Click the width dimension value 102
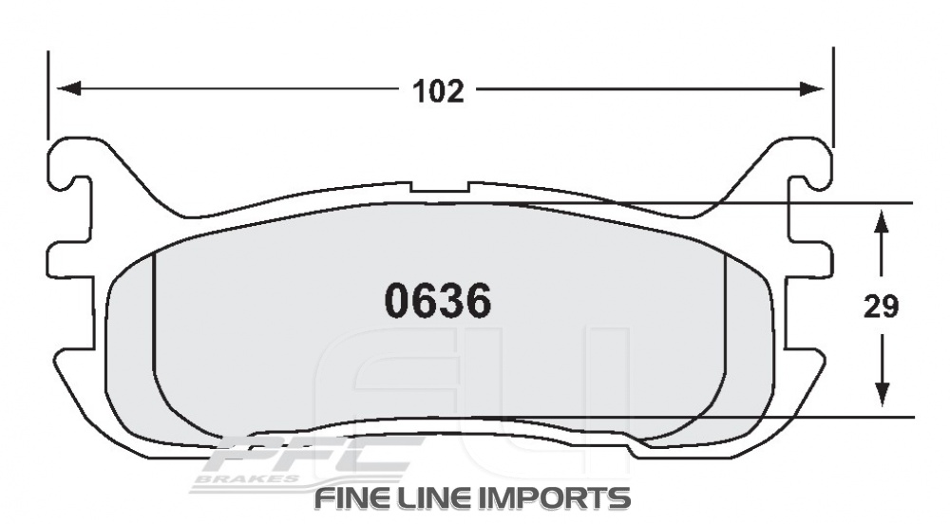click(438, 91)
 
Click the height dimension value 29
click(882, 308)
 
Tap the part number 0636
click(437, 302)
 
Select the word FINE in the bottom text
click(351, 496)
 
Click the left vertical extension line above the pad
click(47, 95)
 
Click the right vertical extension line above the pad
click(833, 95)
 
